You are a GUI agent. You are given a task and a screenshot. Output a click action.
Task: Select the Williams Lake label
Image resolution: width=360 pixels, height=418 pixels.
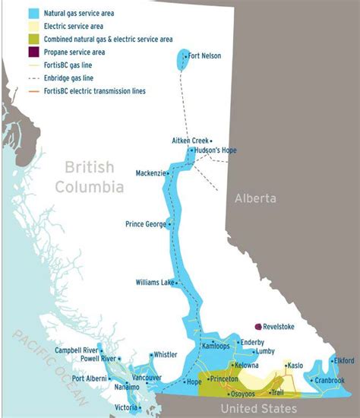(155, 282)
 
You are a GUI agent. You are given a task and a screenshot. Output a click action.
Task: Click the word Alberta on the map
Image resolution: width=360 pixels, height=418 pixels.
(256, 198)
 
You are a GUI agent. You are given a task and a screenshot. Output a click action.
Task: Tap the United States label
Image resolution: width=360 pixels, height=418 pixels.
(258, 409)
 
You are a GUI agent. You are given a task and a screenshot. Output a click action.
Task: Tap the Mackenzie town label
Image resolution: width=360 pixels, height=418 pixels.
(150, 173)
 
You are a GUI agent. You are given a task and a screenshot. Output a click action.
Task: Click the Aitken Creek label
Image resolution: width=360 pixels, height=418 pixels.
(190, 141)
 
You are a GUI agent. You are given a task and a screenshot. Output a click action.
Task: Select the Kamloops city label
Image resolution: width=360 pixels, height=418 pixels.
(214, 346)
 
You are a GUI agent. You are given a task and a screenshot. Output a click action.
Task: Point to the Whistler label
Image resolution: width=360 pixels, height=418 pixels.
(166, 354)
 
